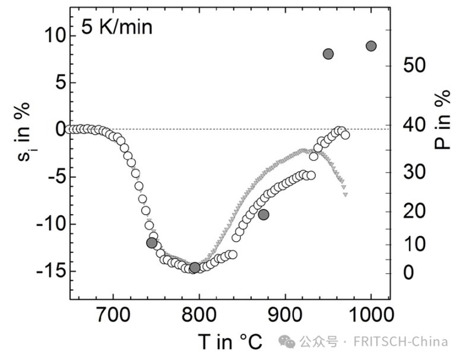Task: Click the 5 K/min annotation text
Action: click(117, 27)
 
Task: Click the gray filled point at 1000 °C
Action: click(372, 46)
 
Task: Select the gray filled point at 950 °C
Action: click(328, 54)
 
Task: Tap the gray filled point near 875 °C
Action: click(264, 215)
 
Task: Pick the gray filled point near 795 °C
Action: click(195, 267)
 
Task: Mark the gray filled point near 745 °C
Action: click(151, 243)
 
